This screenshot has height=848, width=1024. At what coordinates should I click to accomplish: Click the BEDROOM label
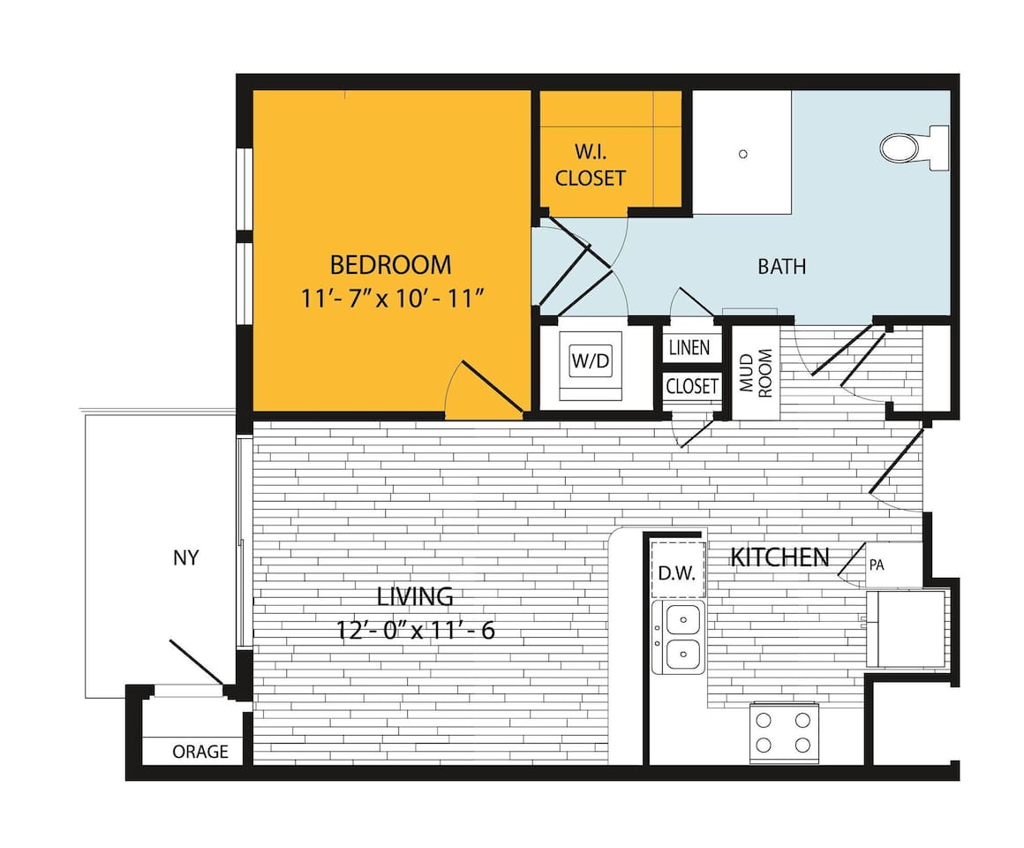click(x=390, y=264)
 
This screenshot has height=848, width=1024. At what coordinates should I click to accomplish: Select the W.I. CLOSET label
click(x=591, y=165)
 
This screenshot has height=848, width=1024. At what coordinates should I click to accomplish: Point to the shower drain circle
click(x=743, y=154)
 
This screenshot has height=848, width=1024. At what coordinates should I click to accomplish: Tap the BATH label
click(x=781, y=266)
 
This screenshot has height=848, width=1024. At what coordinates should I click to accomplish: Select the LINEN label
click(x=689, y=347)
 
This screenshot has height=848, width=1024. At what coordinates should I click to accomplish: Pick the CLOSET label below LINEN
click(x=691, y=387)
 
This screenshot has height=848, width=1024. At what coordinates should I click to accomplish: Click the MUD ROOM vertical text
click(x=757, y=373)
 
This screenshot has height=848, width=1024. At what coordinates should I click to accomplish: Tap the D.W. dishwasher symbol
click(x=678, y=572)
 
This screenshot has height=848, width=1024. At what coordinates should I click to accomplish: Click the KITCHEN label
click(x=779, y=557)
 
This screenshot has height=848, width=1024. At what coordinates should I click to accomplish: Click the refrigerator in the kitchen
click(x=905, y=628)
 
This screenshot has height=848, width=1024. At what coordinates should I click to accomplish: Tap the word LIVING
click(x=415, y=596)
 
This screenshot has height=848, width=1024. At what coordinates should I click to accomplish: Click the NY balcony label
click(x=185, y=558)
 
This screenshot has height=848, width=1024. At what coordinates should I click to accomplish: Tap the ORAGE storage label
click(x=200, y=752)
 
